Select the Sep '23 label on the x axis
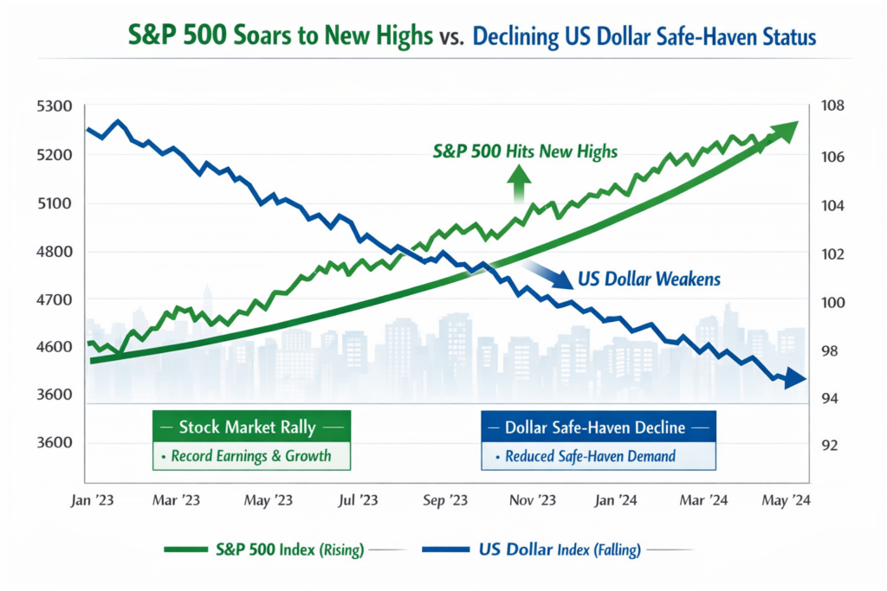(445, 500)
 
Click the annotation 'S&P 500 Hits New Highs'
(525, 151)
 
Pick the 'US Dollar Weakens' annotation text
(649, 279)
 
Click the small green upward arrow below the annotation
(520, 182)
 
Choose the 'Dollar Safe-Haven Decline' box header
(598, 427)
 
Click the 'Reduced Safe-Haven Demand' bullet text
(602, 455)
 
